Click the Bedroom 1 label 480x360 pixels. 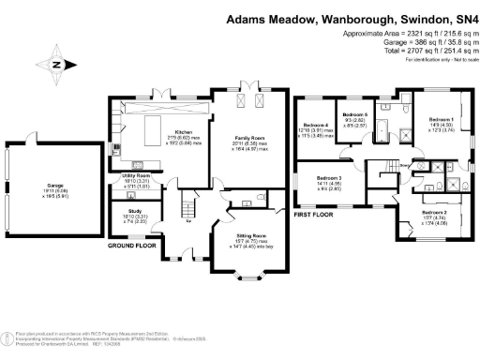pos(441,120)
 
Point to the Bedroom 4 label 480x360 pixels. pos(314,125)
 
